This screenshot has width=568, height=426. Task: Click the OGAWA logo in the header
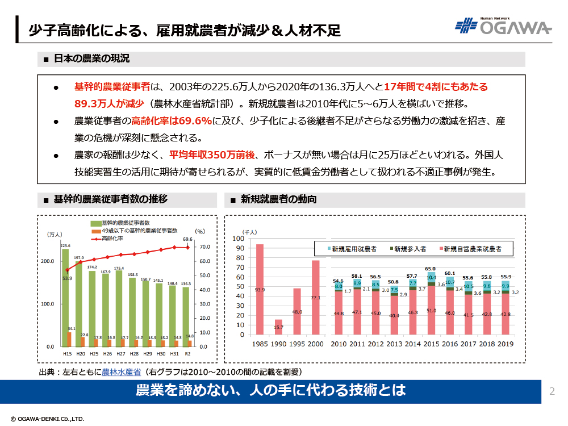(x=503, y=27)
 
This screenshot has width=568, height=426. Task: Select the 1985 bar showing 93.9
(x=260, y=290)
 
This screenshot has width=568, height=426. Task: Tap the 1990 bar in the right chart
(x=278, y=327)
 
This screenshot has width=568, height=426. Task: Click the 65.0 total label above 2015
(x=431, y=269)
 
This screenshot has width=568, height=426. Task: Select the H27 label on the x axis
(x=119, y=353)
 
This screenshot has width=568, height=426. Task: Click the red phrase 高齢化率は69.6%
(x=172, y=121)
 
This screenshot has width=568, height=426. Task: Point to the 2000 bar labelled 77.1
(x=315, y=298)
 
